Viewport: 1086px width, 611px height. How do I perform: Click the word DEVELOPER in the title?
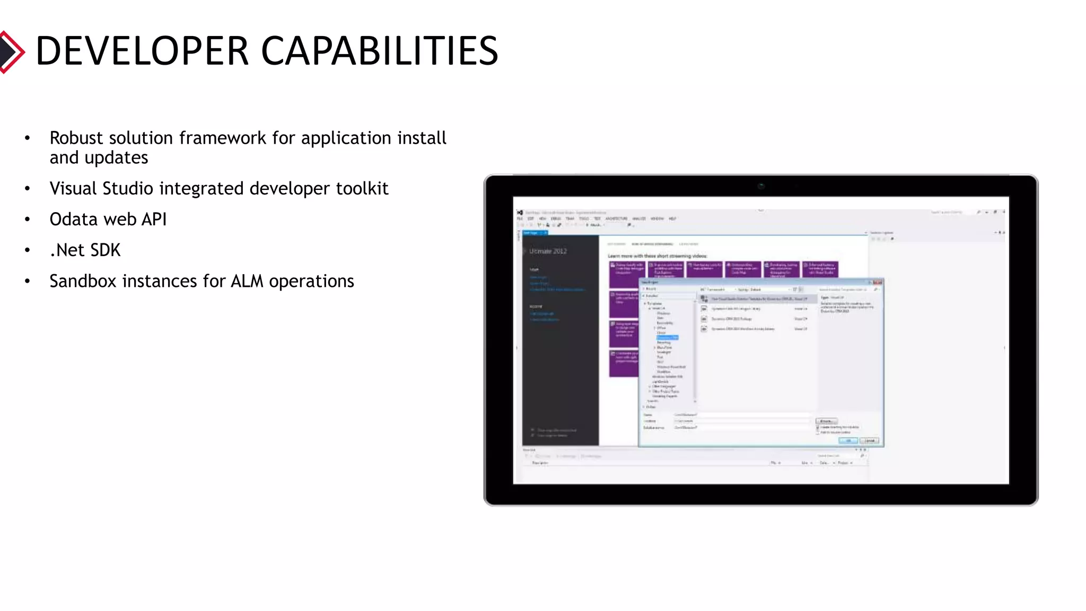point(142,51)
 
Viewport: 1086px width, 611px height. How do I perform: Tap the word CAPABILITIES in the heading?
point(380,51)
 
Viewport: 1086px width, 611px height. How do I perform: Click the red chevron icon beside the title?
point(12,52)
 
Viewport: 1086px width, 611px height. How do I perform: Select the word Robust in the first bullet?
point(76,138)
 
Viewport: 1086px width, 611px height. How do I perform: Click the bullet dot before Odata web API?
point(28,220)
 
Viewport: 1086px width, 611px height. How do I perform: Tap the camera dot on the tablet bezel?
point(761,186)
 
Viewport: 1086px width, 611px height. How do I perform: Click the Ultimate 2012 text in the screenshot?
point(548,251)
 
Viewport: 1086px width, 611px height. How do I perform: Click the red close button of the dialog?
point(877,282)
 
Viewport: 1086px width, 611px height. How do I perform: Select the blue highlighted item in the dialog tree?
point(667,337)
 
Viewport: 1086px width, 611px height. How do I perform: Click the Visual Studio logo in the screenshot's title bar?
point(520,213)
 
